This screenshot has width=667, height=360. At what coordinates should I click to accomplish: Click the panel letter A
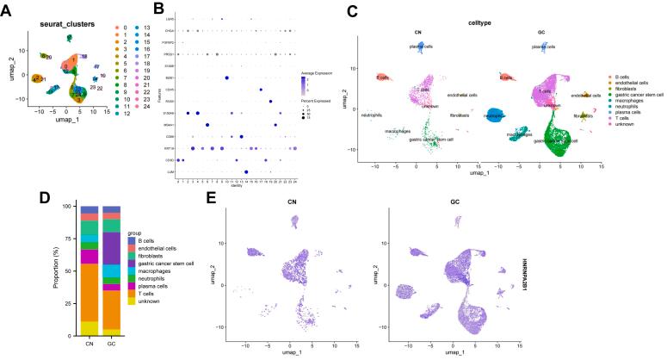6,9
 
